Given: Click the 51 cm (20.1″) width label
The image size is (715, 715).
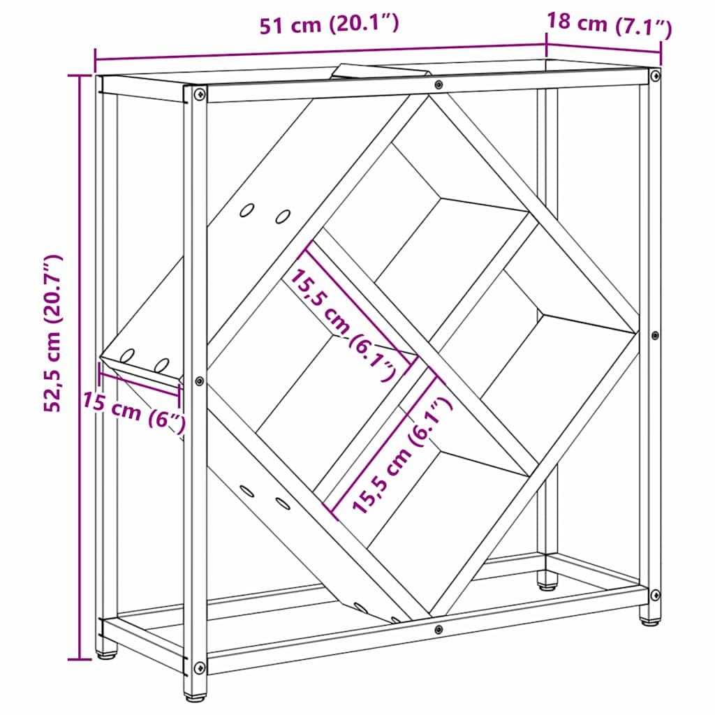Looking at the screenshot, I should (329, 25).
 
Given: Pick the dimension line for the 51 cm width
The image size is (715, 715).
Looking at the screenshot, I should (320, 52).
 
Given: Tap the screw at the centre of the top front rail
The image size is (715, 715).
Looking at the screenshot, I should (438, 85).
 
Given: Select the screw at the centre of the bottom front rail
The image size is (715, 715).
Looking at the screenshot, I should (438, 630).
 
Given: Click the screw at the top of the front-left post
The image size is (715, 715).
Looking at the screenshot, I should (200, 94).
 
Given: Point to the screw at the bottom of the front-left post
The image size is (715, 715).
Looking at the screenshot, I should (200, 668).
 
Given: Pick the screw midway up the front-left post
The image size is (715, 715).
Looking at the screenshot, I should (200, 381).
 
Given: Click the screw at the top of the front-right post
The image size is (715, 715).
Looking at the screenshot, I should (654, 75).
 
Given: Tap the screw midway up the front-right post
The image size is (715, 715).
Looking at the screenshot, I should (654, 336).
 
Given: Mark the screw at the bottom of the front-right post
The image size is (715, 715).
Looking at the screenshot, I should (654, 595).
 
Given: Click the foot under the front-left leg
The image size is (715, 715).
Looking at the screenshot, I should (195, 695).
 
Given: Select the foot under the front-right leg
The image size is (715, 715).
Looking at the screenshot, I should (650, 620).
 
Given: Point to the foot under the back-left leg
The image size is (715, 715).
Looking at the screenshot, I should (107, 654).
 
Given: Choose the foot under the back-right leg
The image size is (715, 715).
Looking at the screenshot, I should (547, 581).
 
